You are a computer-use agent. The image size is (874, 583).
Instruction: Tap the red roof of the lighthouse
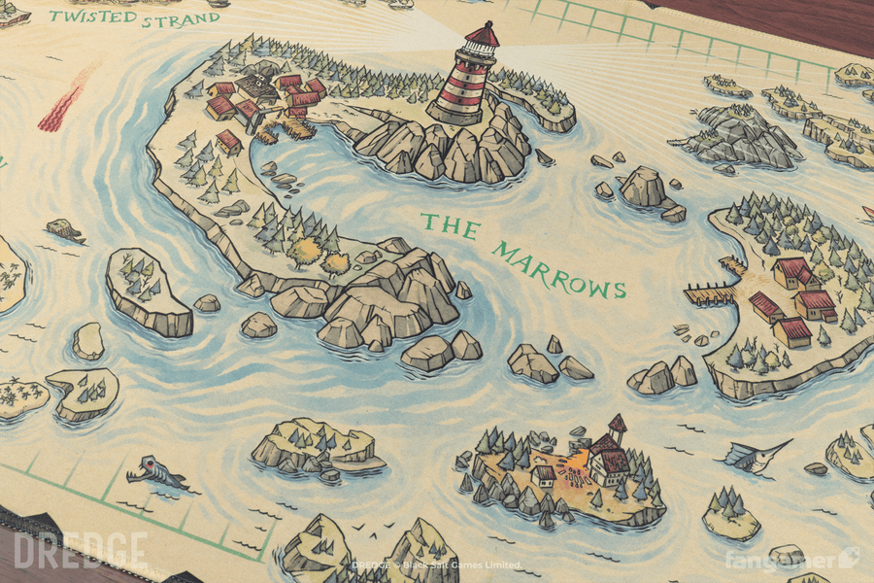click(x=482, y=37)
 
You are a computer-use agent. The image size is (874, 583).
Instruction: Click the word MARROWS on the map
click(x=559, y=269)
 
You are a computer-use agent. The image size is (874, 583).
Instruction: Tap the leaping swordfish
click(x=757, y=455)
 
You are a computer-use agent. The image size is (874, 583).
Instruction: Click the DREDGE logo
click(x=82, y=551)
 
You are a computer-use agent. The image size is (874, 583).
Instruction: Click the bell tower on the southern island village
click(x=616, y=429)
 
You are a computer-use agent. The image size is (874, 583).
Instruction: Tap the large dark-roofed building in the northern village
click(x=256, y=86)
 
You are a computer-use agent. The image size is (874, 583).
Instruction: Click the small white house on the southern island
click(x=545, y=475)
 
